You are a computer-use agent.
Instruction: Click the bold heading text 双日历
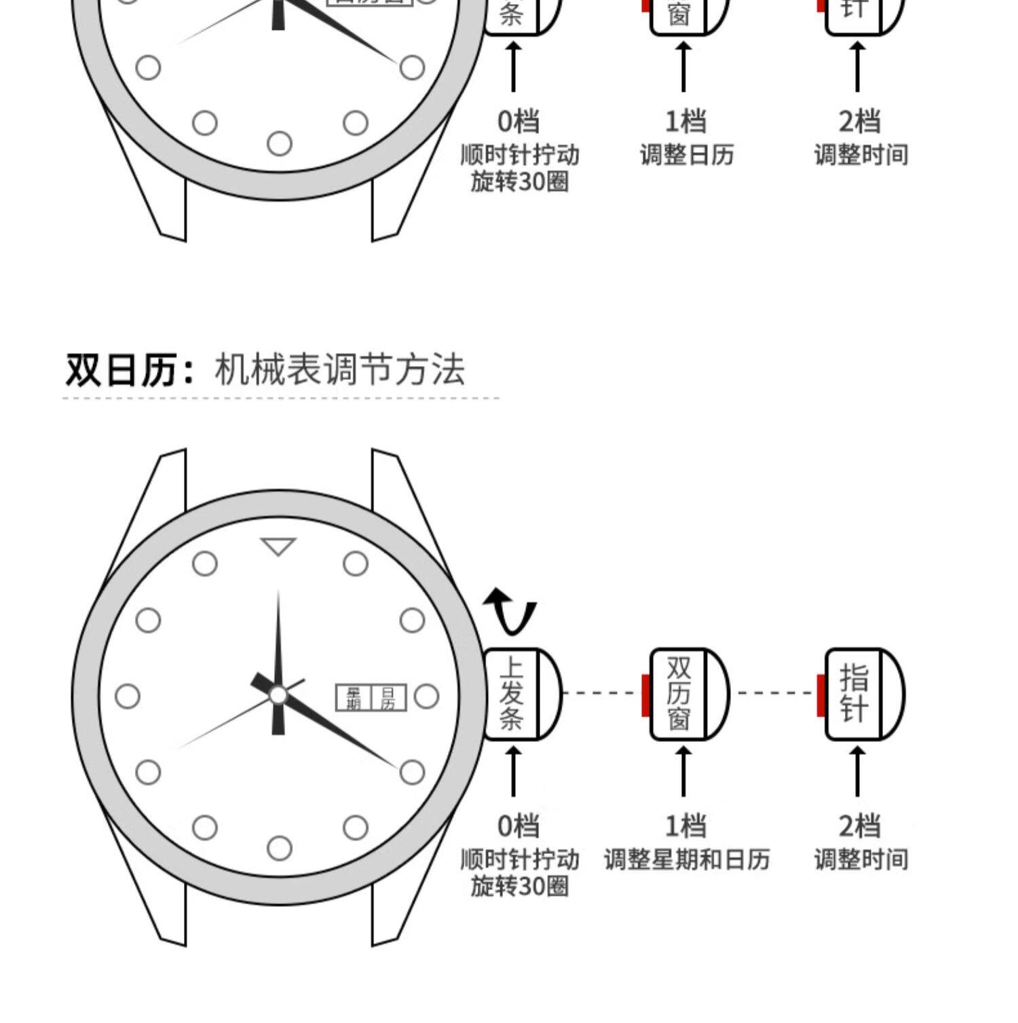click(122, 371)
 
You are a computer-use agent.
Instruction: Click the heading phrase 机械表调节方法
click(339, 371)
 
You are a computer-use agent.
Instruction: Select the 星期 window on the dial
click(354, 698)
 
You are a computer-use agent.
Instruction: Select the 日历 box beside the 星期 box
click(388, 698)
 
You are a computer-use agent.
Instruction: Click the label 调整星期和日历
click(687, 859)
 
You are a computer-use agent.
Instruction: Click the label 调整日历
click(687, 155)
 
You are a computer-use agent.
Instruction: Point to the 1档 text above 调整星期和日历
click(685, 826)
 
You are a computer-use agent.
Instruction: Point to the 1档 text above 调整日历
click(685, 122)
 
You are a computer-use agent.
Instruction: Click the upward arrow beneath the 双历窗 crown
click(683, 770)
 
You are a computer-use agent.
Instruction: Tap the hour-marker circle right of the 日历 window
click(426, 696)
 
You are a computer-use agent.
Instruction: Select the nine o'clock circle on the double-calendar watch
click(128, 696)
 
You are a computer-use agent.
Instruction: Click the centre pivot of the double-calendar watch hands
click(278, 695)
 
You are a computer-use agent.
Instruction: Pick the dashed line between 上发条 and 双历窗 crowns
click(601, 693)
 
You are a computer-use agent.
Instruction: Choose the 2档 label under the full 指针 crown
click(859, 826)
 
